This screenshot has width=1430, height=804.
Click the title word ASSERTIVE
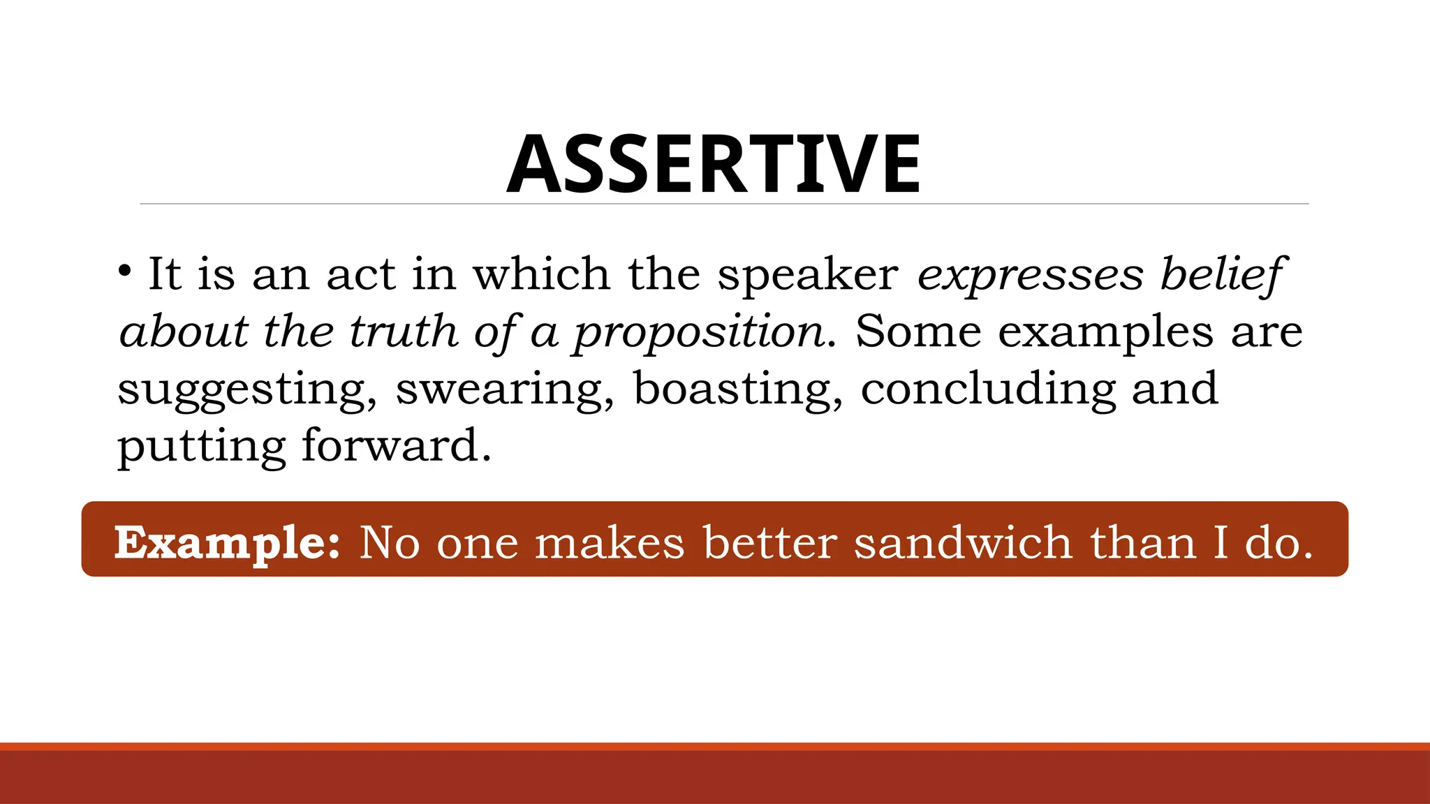point(714,165)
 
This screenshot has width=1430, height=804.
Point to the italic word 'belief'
point(1221,275)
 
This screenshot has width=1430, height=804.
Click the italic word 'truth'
point(402,332)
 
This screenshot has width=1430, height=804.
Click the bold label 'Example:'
point(228,544)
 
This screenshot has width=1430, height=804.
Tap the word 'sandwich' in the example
point(963,542)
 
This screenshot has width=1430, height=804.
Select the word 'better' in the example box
point(769,542)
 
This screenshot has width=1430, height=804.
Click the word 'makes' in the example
point(609,542)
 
